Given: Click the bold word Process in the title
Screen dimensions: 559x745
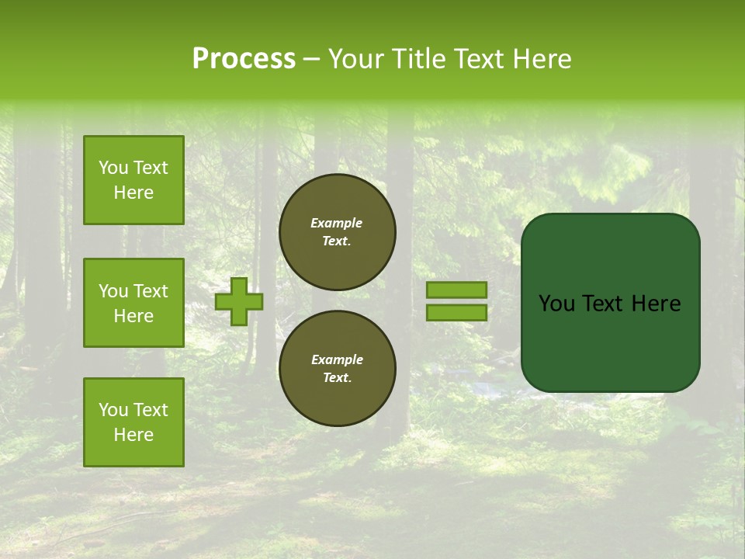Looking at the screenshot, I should (244, 58).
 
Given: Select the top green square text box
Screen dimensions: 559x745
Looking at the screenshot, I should (133, 180).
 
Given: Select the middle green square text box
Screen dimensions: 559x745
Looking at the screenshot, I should (133, 303).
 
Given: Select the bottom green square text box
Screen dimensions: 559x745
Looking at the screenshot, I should (133, 422).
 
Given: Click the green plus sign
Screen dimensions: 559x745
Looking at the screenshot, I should (239, 301).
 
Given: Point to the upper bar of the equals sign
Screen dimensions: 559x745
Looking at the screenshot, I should (456, 290).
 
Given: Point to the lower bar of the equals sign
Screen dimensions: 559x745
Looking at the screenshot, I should (456, 312).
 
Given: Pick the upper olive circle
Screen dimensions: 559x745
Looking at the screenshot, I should (337, 232).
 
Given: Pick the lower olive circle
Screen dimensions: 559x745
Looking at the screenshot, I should (337, 368).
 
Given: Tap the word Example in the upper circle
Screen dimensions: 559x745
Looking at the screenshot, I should (337, 223).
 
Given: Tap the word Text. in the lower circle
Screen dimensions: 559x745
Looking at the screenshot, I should (337, 377).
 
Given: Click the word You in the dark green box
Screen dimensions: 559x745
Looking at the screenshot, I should (556, 304).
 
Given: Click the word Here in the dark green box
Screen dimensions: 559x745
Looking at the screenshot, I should (656, 304).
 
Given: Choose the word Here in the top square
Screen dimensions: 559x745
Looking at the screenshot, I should (133, 193).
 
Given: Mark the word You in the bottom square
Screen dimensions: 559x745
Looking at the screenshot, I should (113, 410).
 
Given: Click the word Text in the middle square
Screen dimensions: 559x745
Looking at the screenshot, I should (151, 291).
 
